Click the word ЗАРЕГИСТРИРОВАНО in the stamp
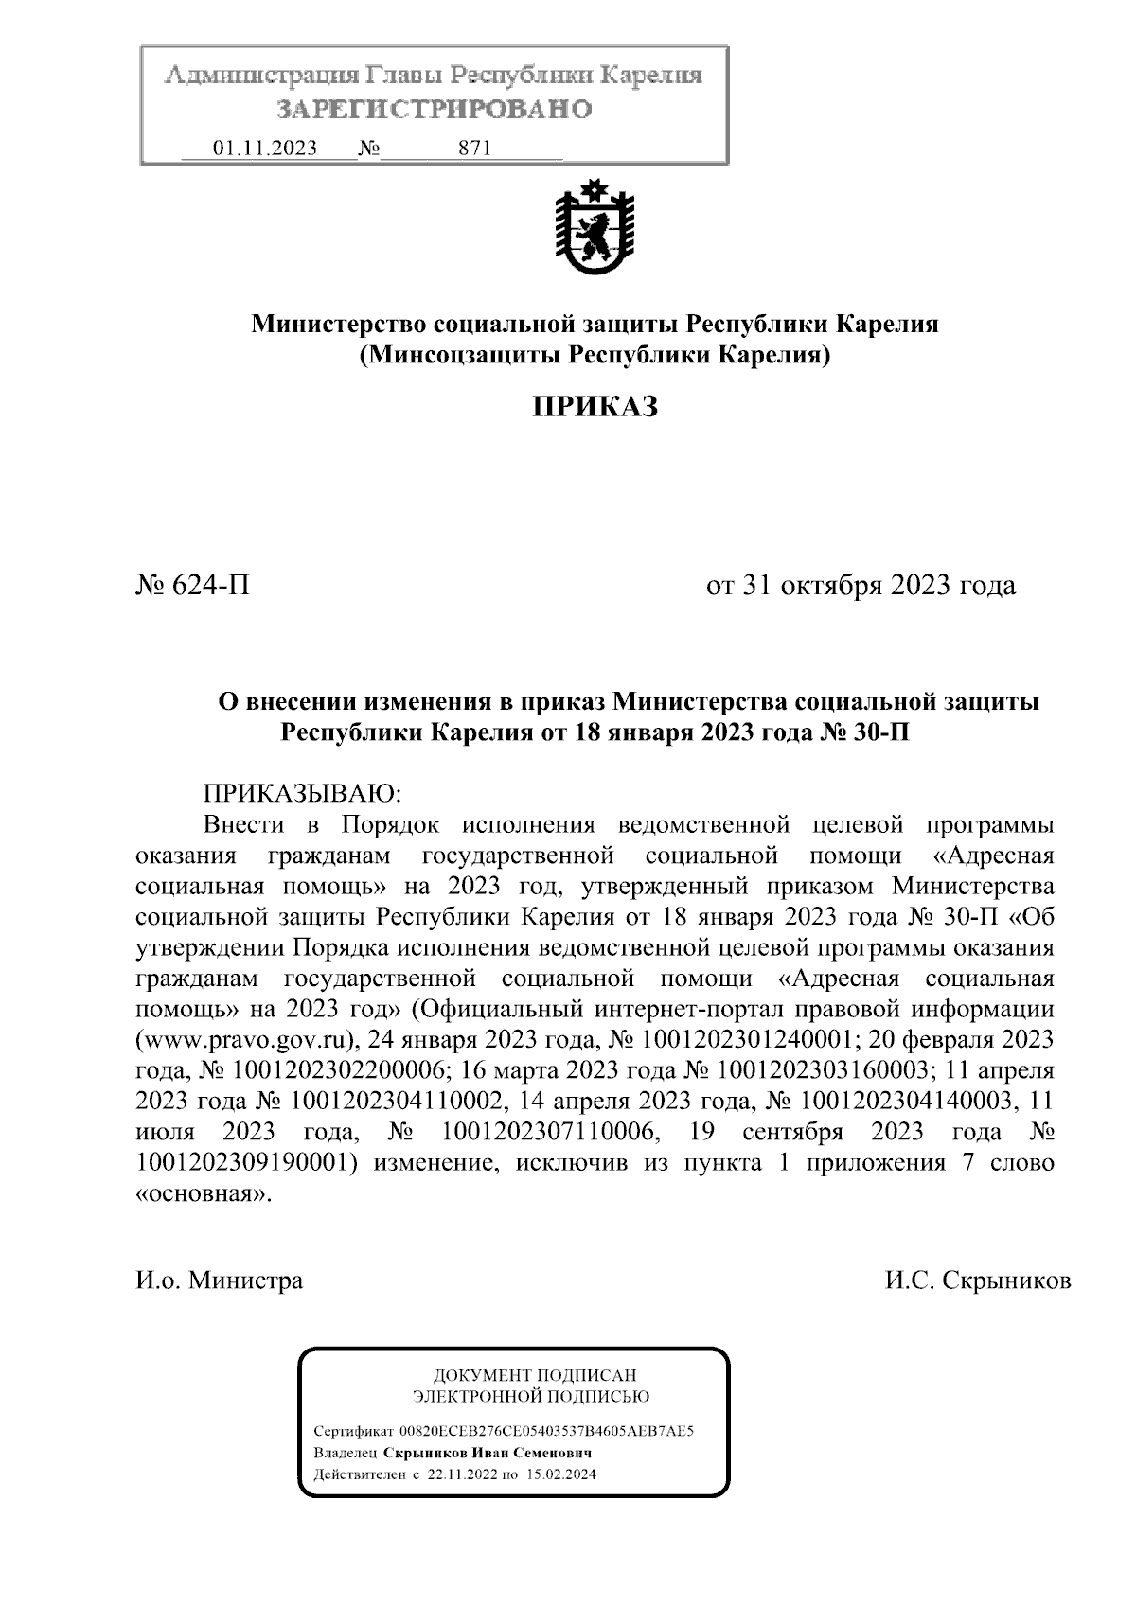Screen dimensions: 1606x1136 (x=435, y=110)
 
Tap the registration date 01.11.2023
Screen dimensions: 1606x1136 (x=266, y=149)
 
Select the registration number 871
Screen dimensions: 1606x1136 (x=473, y=149)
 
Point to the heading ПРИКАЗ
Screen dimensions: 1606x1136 (x=595, y=407)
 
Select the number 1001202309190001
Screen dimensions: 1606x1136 (x=246, y=1163)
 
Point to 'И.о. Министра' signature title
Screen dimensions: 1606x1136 (x=220, y=1281)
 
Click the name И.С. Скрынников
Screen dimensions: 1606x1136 (x=978, y=1281)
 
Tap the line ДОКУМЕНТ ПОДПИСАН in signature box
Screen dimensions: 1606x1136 (x=535, y=1375)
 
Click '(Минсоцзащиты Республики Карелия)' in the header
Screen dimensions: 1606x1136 (x=595, y=356)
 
